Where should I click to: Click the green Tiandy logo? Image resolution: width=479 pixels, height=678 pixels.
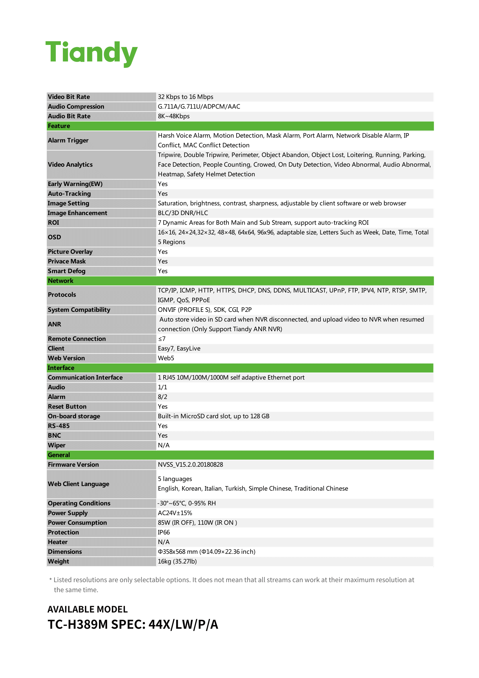click(92, 53)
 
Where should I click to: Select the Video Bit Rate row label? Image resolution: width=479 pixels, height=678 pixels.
click(69, 97)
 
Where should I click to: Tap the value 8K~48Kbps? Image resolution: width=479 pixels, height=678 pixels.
click(173, 116)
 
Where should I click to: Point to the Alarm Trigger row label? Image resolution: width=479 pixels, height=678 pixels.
click(68, 140)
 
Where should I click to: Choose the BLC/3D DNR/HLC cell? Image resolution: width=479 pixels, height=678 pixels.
click(182, 213)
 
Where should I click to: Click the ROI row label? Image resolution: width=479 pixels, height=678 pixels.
click(53, 223)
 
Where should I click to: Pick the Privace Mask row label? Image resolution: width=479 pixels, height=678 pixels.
click(67, 261)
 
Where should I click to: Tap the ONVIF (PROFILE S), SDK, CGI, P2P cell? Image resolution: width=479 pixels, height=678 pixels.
click(204, 310)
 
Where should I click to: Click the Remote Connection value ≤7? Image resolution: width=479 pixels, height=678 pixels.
click(162, 339)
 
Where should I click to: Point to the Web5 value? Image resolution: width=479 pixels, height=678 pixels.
click(166, 358)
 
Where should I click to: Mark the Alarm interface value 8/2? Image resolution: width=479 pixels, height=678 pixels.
click(162, 397)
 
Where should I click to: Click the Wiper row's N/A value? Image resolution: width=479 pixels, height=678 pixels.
click(163, 445)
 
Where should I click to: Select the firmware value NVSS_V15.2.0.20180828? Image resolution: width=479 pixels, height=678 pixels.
click(190, 464)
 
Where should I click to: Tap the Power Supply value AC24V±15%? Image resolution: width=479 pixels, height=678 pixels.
click(175, 513)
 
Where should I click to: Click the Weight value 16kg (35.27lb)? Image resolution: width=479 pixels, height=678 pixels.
click(177, 561)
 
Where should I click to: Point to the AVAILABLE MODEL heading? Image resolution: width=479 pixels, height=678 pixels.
click(87, 609)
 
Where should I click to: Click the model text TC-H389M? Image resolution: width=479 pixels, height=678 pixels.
click(78, 625)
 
